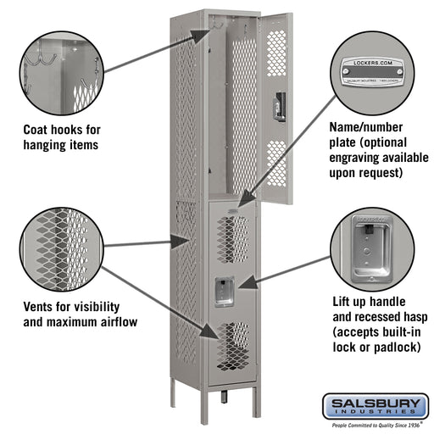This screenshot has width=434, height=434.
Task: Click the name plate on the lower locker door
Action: click(x=232, y=207)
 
